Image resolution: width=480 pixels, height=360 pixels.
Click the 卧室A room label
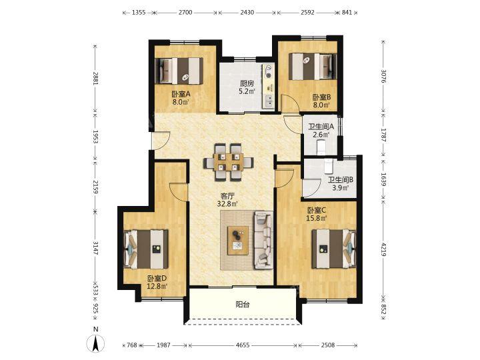[x=181, y=94]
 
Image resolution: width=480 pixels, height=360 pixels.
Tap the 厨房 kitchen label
[x=247, y=83]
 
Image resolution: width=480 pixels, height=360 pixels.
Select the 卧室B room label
[x=321, y=97]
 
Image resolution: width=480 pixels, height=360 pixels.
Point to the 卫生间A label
[x=321, y=126]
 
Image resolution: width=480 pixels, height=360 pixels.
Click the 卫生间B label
[x=341, y=180]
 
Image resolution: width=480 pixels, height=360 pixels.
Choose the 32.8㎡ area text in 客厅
[x=227, y=203]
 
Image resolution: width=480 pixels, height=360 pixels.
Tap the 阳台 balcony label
[x=243, y=304]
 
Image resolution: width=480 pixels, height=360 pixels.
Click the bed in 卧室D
[x=146, y=249]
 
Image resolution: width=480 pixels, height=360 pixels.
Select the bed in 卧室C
[x=334, y=249]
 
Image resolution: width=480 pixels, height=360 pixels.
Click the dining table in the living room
[x=229, y=162]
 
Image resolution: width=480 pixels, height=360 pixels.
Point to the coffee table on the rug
[x=238, y=241]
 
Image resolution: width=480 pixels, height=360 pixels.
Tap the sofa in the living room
[x=263, y=240]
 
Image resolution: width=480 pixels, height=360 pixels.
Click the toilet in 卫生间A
[x=321, y=147]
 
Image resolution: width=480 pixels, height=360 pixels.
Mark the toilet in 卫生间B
[x=329, y=167]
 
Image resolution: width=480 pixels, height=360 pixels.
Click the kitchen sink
[x=269, y=101]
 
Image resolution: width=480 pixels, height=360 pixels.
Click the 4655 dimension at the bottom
[x=243, y=345]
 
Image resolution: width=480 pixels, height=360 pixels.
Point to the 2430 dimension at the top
[x=247, y=13]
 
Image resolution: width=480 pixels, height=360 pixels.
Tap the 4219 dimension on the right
[x=383, y=249]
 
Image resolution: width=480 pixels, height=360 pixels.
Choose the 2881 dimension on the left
[x=95, y=79]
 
